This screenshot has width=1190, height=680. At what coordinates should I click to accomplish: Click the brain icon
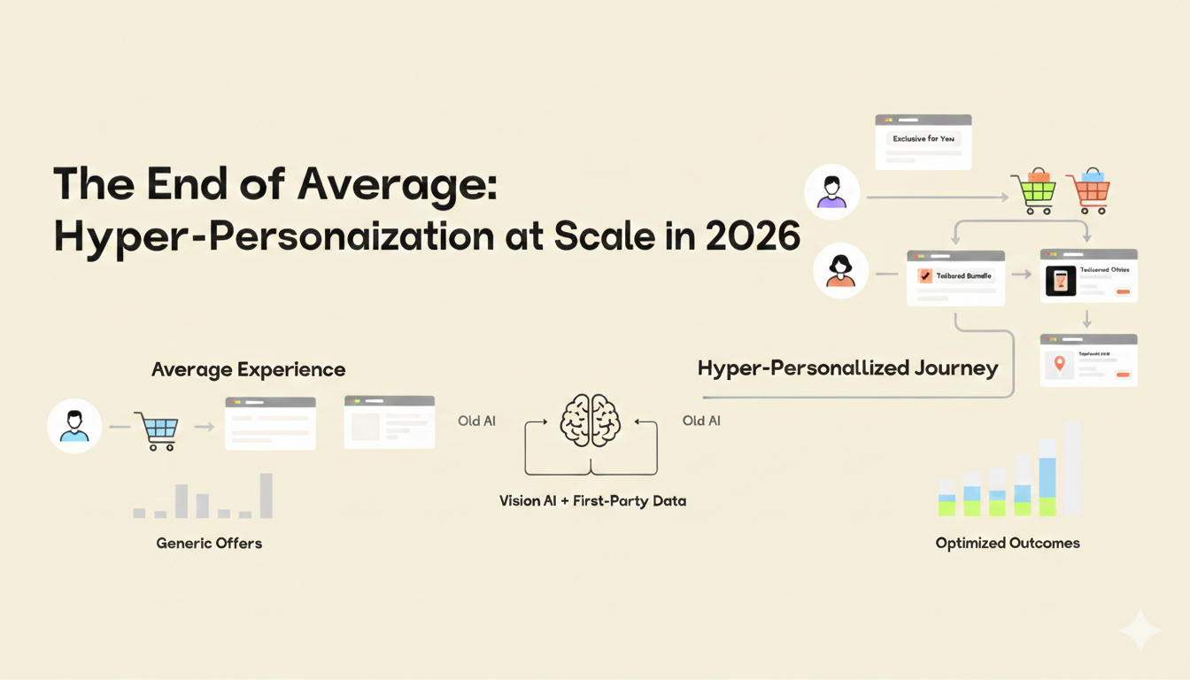[591, 420]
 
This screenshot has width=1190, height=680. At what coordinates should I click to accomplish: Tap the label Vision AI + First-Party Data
[592, 501]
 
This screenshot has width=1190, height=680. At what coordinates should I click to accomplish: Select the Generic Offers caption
[209, 543]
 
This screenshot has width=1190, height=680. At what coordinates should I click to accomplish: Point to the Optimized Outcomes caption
[1008, 543]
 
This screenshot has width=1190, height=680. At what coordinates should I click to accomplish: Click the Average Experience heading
[249, 369]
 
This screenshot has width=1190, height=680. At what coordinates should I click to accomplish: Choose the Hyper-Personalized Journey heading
[847, 368]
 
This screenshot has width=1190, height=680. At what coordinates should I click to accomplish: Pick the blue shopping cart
[157, 431]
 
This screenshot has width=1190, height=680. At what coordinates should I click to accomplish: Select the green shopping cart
[1033, 191]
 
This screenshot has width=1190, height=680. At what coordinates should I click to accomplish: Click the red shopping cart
[1088, 191]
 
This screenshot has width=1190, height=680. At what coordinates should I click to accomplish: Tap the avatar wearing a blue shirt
[74, 426]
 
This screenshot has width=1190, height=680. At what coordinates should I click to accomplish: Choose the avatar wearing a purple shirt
[831, 192]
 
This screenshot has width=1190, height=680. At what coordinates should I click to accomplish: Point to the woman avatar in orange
[840, 271]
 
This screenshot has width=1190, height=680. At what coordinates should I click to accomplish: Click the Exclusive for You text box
[923, 139]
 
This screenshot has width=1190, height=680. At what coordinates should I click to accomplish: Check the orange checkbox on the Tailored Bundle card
[924, 276]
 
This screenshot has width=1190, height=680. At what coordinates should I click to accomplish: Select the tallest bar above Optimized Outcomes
[1072, 468]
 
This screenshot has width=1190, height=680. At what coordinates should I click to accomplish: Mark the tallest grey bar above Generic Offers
[266, 496]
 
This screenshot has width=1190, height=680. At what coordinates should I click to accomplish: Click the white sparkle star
[1140, 630]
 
